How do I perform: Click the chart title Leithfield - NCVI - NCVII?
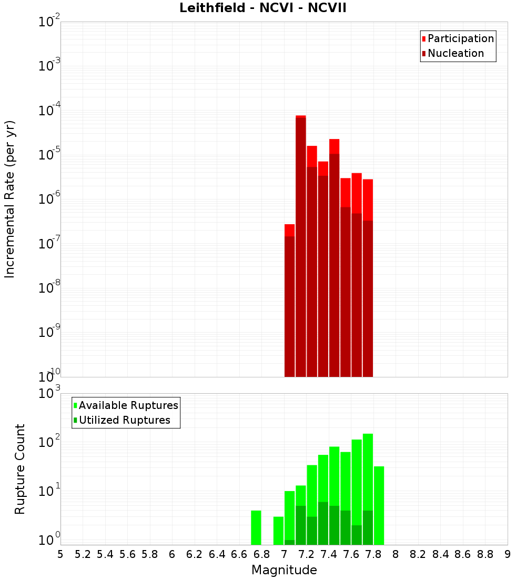263,8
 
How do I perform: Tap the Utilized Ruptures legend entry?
124,420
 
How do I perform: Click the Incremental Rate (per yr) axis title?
10,199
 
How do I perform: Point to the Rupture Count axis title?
20,469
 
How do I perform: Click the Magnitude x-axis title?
284,570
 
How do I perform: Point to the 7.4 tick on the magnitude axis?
329,554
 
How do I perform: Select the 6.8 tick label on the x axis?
261,554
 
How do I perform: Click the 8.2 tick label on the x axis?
418,554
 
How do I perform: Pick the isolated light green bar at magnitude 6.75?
256,527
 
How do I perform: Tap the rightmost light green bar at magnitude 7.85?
379,505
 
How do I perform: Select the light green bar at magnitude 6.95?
278,531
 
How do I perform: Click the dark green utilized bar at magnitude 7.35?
323,524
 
